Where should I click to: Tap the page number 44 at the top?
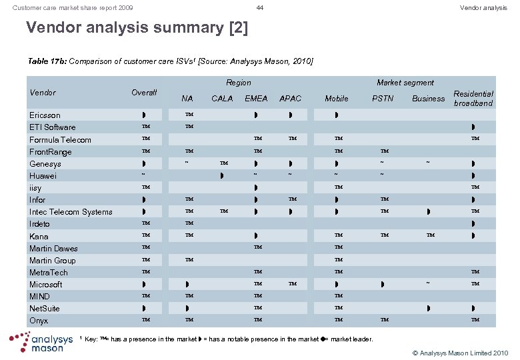click(260, 7)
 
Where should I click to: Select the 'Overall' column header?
click(144, 93)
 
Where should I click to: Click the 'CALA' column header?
click(222, 99)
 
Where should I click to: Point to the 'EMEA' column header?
click(256, 99)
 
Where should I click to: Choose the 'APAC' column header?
click(290, 99)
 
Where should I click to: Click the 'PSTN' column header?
click(382, 99)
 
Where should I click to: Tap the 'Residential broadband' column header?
click(473, 99)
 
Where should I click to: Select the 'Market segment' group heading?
click(405, 83)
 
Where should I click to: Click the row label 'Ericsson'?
click(45, 115)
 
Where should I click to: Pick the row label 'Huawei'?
click(43, 176)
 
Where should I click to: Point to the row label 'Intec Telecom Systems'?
click(71, 212)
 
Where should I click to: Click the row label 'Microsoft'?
click(46, 285)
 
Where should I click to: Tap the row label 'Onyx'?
click(39, 321)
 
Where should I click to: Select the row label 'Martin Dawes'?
click(53, 249)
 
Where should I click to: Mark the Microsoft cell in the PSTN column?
click(383, 285)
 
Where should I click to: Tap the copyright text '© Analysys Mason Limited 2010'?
click(461, 352)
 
